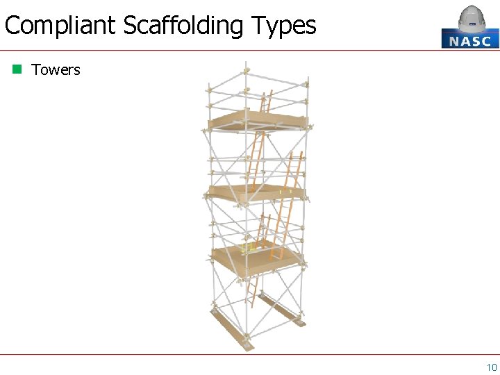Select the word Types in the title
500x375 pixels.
(284, 26)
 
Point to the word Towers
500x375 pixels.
(56, 69)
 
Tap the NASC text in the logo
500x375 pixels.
(470, 40)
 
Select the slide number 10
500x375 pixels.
(491, 367)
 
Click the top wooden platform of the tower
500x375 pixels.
(257, 121)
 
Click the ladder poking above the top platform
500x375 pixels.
(265, 102)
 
